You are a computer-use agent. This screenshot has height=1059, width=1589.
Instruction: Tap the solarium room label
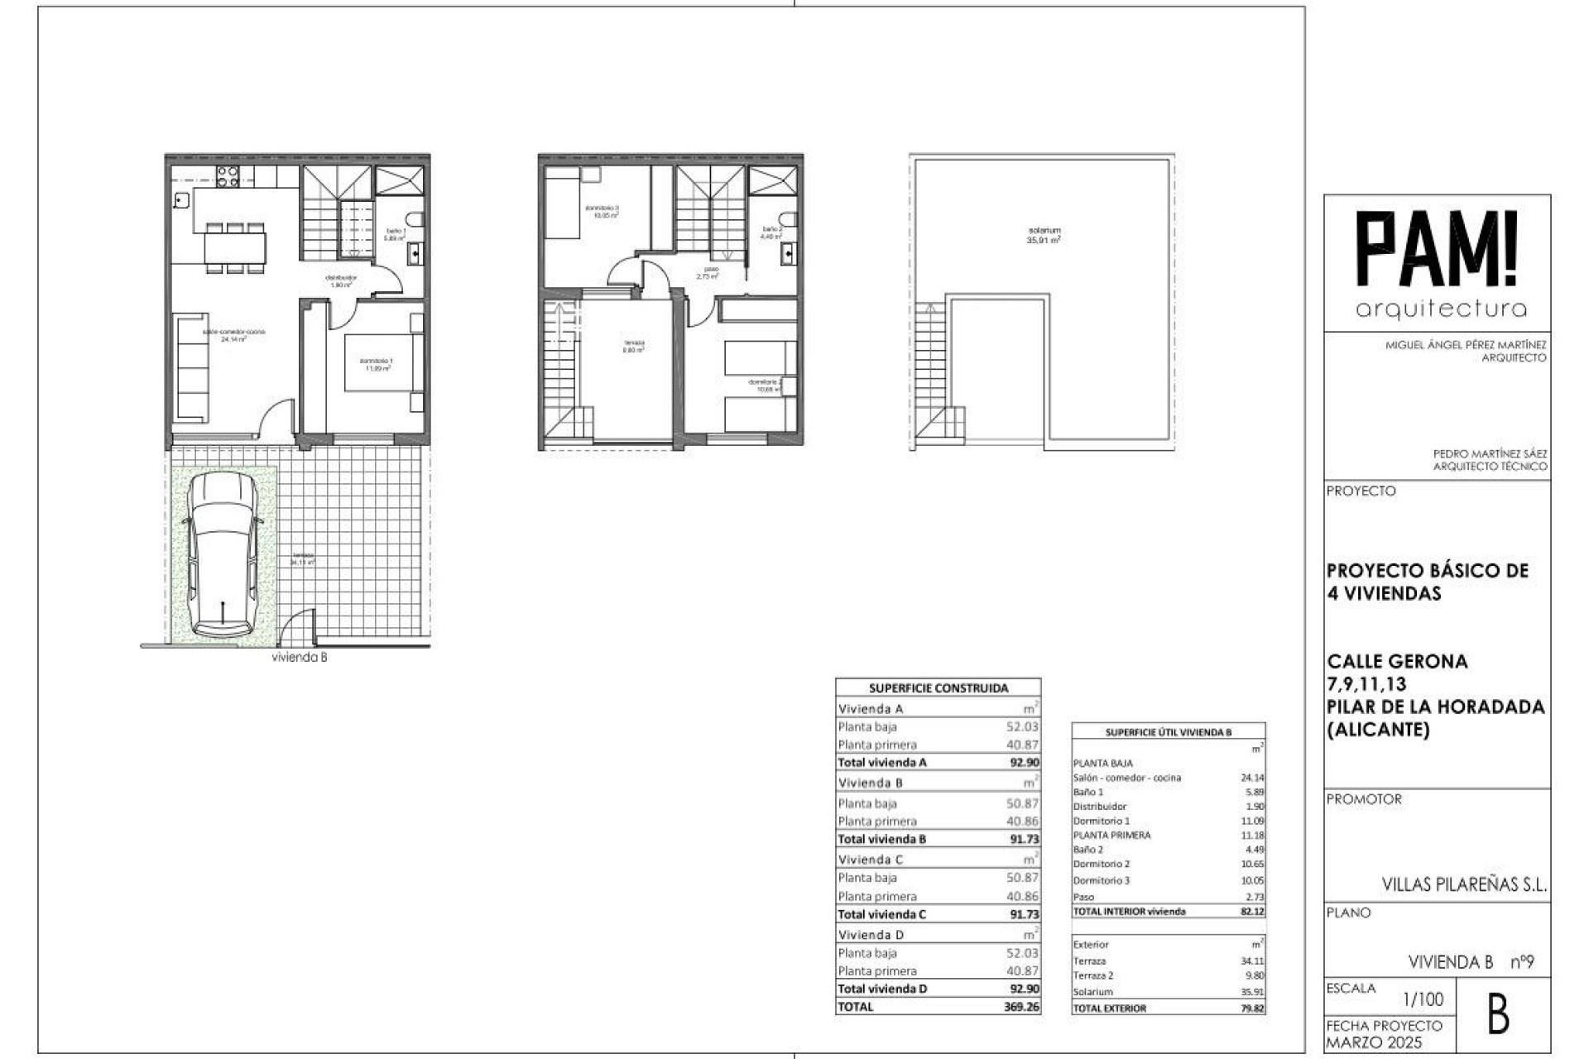click(1044, 235)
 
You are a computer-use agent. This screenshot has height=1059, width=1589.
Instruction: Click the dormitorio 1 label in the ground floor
click(376, 364)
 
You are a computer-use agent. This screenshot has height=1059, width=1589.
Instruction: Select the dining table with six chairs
click(236, 246)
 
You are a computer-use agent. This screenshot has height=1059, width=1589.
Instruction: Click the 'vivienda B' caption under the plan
click(300, 658)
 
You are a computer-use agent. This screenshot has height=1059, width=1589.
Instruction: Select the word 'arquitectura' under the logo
click(1441, 309)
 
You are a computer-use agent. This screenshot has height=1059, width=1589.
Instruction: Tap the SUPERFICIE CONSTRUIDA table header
click(938, 688)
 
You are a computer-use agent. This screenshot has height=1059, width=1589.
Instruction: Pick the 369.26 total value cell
click(1023, 1007)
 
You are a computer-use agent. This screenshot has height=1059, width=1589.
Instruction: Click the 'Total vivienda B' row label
click(881, 839)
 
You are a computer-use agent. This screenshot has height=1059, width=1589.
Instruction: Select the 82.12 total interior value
click(1253, 911)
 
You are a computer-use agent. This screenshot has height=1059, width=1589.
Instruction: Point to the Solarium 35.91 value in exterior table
click(1253, 991)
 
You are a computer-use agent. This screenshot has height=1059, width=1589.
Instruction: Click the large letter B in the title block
click(1498, 1015)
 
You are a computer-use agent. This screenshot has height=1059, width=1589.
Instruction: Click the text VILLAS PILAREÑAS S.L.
click(1464, 884)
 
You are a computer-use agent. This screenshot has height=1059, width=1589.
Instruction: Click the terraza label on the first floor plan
click(633, 346)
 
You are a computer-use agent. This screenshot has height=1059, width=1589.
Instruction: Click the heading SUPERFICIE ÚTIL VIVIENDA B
click(1168, 732)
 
